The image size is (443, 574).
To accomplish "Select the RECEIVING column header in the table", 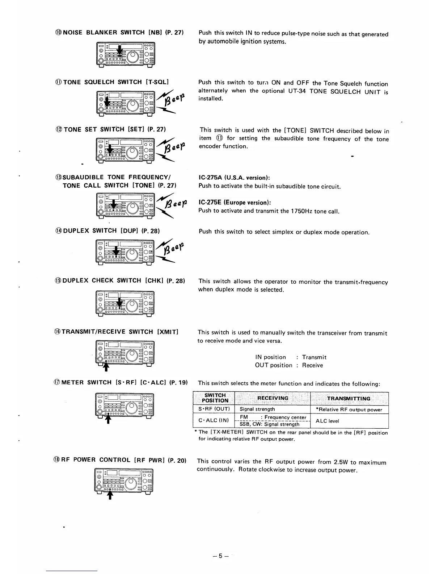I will (x=273, y=398).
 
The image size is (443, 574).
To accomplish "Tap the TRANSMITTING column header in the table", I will (x=349, y=399).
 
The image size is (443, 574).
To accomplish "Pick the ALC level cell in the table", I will (x=327, y=421).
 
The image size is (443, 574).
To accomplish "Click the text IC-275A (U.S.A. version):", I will (x=235, y=178).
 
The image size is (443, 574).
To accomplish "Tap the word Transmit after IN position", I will (x=314, y=357).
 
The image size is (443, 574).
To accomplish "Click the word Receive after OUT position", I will (x=312, y=365).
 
